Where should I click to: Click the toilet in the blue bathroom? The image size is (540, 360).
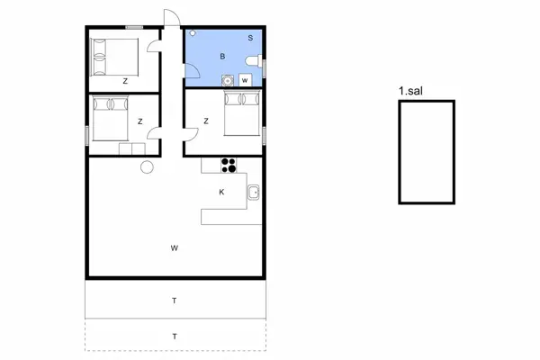(x=255, y=61)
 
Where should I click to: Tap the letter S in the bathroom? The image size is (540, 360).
(x=250, y=38)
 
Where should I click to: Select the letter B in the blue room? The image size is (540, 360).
(x=222, y=56)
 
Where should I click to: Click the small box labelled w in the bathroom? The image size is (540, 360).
(x=244, y=80)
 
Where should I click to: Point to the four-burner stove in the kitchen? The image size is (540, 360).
(x=229, y=165)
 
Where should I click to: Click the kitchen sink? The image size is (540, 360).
(x=254, y=192)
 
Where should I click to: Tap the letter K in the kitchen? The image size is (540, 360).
(x=221, y=193)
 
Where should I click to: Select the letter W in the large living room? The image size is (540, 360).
(x=175, y=247)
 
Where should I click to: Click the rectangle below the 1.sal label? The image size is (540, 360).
(x=427, y=152)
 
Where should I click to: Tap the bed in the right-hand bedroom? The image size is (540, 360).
(x=242, y=112)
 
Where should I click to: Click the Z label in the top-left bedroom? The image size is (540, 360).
(x=125, y=81)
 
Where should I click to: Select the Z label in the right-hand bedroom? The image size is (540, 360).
(x=206, y=121)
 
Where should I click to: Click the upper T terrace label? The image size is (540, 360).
(x=175, y=300)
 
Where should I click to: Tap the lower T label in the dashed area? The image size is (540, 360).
(x=175, y=337)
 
